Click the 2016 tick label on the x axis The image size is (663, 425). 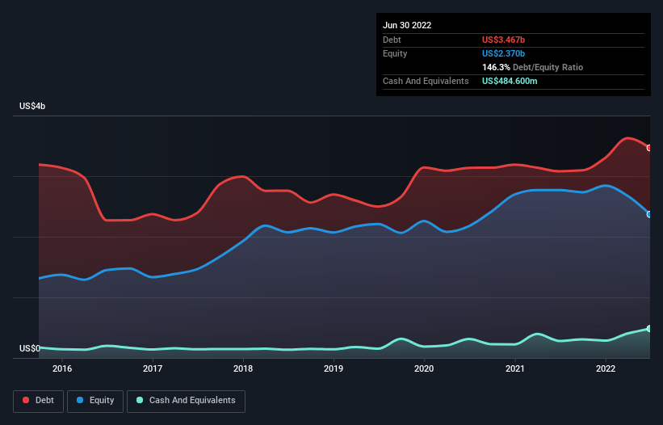pos(62,368)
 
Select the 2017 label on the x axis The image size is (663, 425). pos(153,368)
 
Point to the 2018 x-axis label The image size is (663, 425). pos(243,368)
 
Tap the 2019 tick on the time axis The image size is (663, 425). pos(334,368)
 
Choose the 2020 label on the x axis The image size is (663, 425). pos(424,368)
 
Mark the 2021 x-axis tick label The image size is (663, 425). pos(514,368)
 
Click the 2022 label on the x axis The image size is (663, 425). pos(605,368)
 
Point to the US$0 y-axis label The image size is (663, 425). pos(30,348)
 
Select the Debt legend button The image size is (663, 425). pos(38,401)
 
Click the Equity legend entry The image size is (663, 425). pos(94,401)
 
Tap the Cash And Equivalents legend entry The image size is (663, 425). pos(186,401)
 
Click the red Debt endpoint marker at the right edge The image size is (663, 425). pos(649,148)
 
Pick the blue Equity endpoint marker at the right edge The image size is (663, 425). pos(649,214)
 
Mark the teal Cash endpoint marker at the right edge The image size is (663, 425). pos(649,329)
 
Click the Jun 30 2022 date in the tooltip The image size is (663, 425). pos(407,25)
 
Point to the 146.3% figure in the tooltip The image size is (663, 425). pos(496,68)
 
